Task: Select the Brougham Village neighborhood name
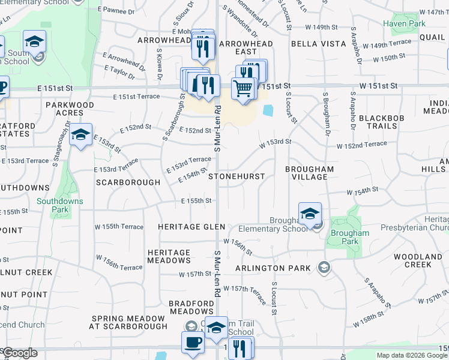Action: [310, 173]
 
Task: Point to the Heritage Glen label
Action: [191, 227]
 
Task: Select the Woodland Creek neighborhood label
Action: [418, 260]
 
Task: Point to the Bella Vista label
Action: [319, 44]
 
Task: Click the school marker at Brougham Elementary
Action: [310, 214]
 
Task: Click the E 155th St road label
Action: [197, 200]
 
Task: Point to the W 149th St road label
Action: [322, 28]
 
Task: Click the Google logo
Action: [20, 353]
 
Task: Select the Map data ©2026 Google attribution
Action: [411, 355]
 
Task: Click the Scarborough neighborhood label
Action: [128, 182]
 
